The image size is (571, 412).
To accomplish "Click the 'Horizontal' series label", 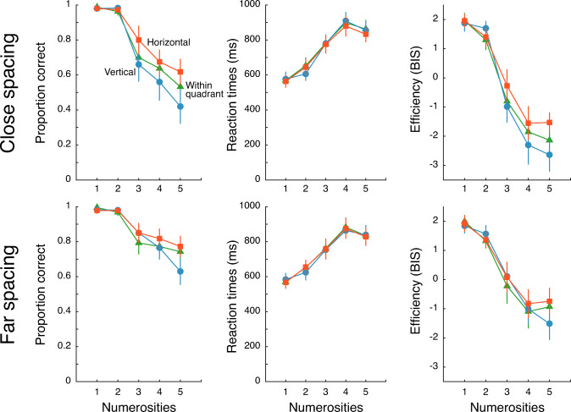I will pyautogui.click(x=169, y=41).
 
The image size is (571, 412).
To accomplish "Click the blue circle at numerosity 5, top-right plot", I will pyautogui.click(x=549, y=155).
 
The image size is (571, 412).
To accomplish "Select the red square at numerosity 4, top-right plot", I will pyautogui.click(x=528, y=123).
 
